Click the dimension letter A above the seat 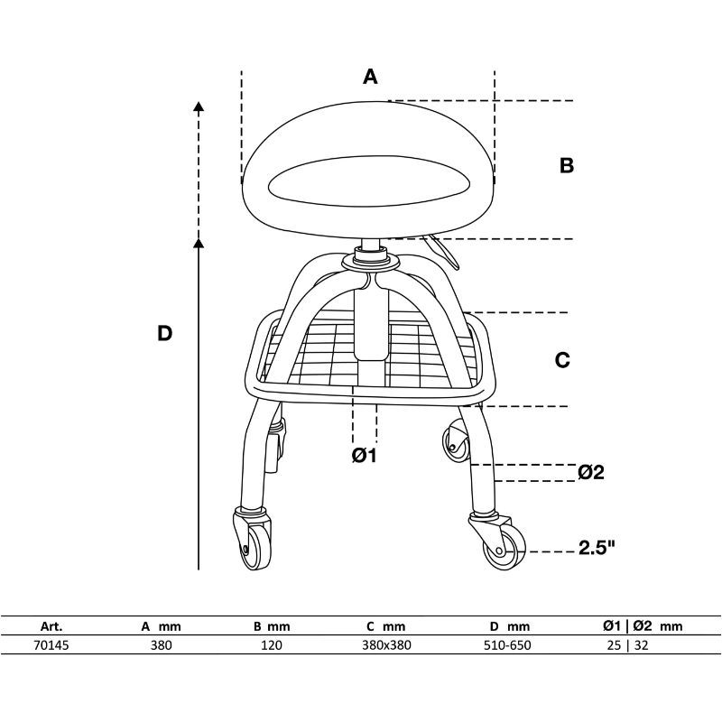[370, 77]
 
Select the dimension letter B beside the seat [567, 165]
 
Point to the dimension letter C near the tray [562, 360]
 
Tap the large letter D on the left [164, 333]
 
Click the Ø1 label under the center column [365, 456]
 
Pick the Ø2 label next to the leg [591, 472]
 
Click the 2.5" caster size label [597, 548]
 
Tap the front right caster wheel [504, 548]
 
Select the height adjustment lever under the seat [443, 252]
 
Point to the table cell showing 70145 [51, 645]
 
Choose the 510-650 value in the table [507, 645]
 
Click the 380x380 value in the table [386, 645]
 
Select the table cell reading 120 [272, 645]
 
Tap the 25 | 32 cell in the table [627, 645]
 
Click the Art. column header [51, 626]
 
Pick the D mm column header [510, 626]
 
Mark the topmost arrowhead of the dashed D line [199, 106]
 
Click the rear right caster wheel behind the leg [456, 440]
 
